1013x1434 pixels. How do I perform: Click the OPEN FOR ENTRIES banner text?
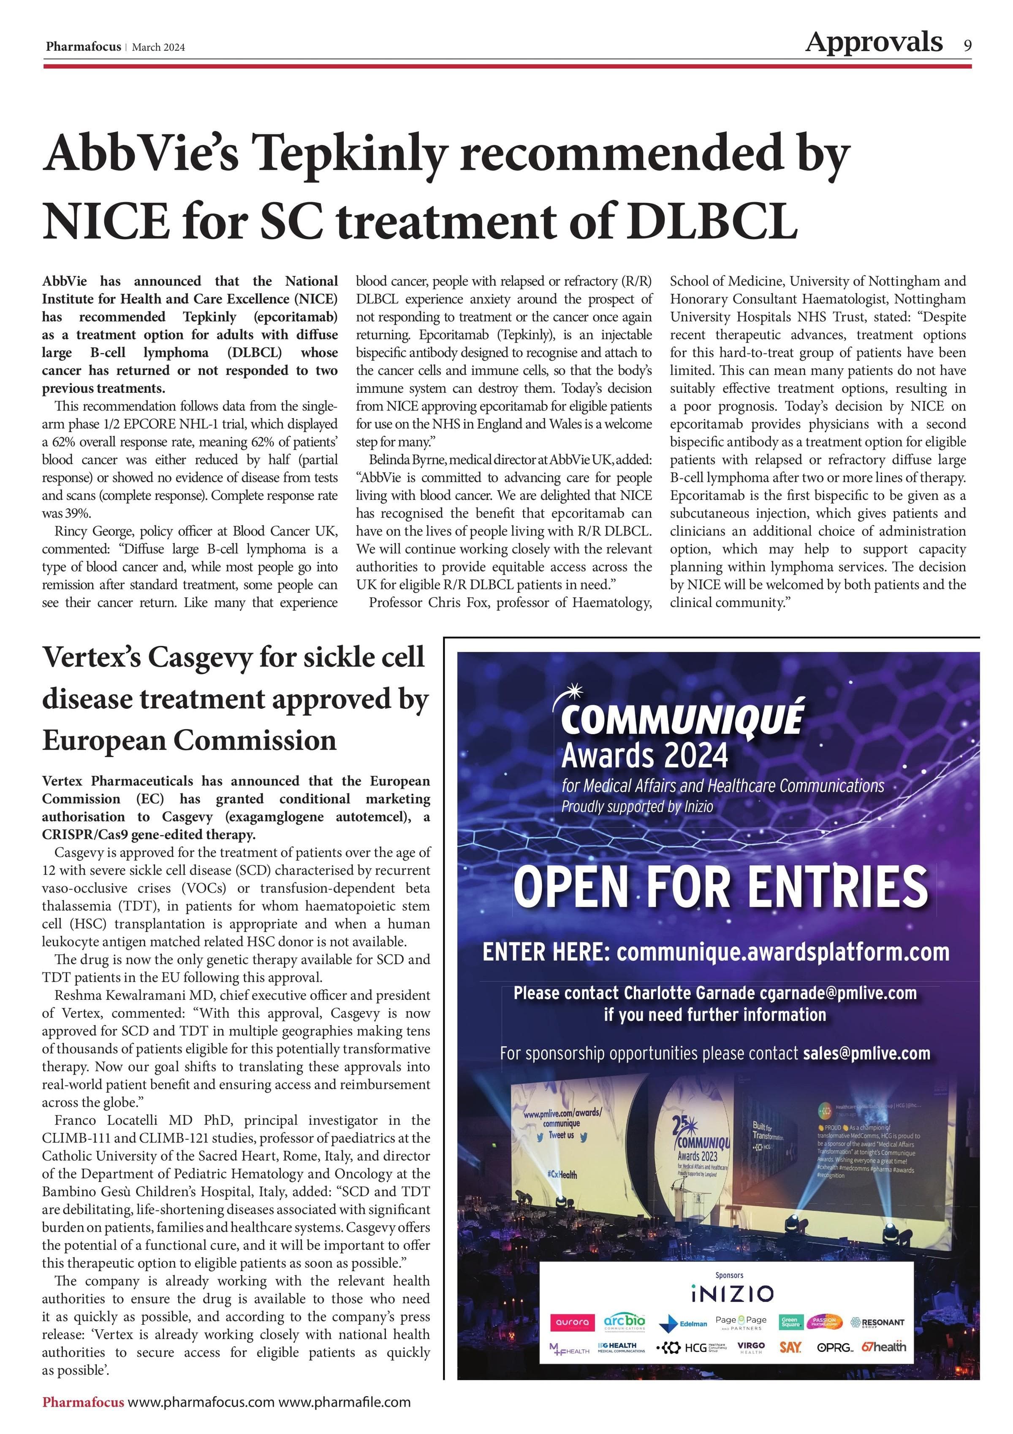[720, 887]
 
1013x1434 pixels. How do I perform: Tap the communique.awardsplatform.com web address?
[782, 953]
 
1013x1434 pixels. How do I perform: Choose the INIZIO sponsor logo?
[733, 1294]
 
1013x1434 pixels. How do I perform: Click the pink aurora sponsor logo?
[572, 1322]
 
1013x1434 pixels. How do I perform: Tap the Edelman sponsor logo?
[684, 1323]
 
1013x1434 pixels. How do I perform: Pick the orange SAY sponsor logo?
[790, 1348]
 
